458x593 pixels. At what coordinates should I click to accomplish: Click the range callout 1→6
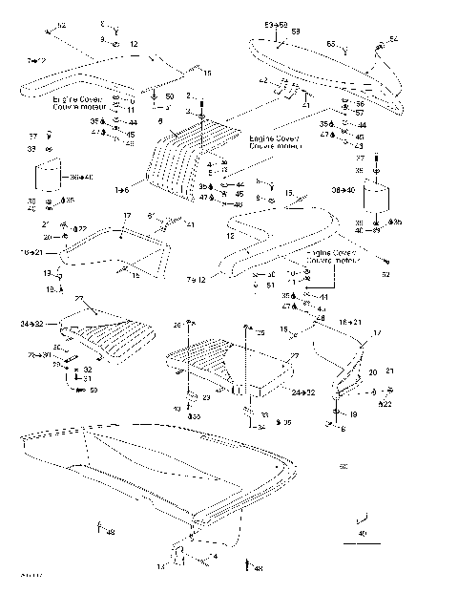point(122,191)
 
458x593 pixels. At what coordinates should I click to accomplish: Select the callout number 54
point(393,39)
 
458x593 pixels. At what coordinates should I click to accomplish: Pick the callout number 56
point(360,103)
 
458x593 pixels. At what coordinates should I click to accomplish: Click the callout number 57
point(360,113)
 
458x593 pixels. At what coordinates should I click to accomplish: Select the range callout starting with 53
point(276,22)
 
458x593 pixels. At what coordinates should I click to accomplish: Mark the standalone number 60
point(343,466)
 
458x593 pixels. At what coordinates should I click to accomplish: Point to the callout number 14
point(161,566)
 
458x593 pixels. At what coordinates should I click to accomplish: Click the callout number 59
point(94,389)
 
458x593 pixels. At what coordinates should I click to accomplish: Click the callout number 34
point(260,426)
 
